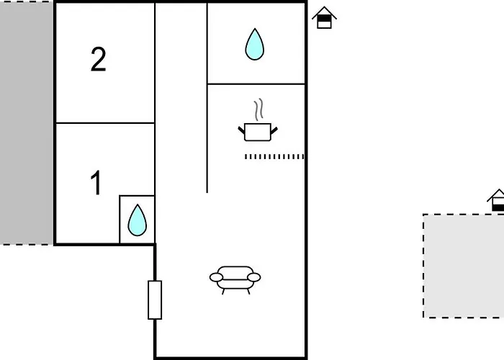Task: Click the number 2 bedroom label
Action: pyautogui.click(x=99, y=59)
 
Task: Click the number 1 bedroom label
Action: pyautogui.click(x=96, y=182)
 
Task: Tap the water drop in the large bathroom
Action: pyautogui.click(x=255, y=45)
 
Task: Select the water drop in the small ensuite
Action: pyautogui.click(x=138, y=220)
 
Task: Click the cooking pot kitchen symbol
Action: pyautogui.click(x=258, y=132)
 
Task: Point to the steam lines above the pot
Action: pyautogui.click(x=258, y=109)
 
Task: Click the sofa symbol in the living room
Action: pyautogui.click(x=235, y=279)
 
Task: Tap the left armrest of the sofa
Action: pyautogui.click(x=216, y=277)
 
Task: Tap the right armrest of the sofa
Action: pyautogui.click(x=254, y=277)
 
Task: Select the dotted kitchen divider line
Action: pyautogui.click(x=274, y=156)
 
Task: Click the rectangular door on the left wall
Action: pyautogui.click(x=155, y=300)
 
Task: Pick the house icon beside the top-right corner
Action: pyautogui.click(x=324, y=18)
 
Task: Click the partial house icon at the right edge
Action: pyautogui.click(x=496, y=200)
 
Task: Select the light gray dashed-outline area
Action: pyautogui.click(x=464, y=266)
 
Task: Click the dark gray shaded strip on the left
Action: pyautogui.click(x=27, y=123)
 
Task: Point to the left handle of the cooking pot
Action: pyautogui.click(x=241, y=130)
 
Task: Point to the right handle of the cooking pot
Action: pyautogui.click(x=274, y=130)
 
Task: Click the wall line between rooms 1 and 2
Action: pyautogui.click(x=105, y=123)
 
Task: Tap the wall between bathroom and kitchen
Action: pyautogui.click(x=256, y=84)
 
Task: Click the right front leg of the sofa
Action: pyautogui.click(x=248, y=292)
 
